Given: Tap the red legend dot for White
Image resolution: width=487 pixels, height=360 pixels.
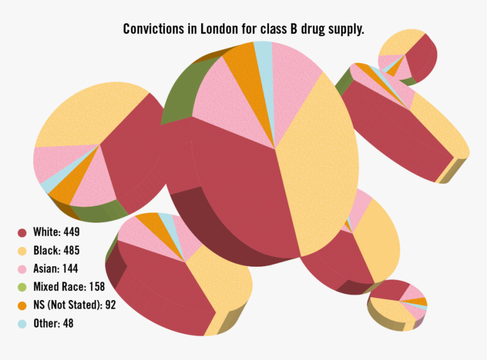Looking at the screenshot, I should point(23,233).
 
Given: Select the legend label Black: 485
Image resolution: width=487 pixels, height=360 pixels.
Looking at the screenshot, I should point(56,250).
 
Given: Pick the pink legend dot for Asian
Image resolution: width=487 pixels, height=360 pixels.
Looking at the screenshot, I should point(23,269).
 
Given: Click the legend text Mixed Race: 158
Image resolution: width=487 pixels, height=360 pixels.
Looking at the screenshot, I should point(69,287).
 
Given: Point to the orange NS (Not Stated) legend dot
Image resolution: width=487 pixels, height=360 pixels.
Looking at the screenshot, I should point(23,306).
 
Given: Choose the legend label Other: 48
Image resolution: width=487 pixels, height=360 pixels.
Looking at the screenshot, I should point(53,324).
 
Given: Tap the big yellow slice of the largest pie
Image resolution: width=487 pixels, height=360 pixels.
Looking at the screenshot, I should point(317,164).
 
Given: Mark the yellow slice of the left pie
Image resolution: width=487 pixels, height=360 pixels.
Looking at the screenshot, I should point(85,113).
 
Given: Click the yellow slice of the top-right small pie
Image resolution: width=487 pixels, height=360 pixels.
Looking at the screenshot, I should point(399,42).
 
